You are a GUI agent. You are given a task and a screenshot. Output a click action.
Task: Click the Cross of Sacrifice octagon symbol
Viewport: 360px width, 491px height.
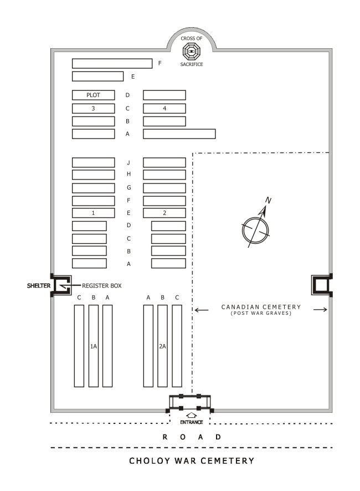[x=191, y=51]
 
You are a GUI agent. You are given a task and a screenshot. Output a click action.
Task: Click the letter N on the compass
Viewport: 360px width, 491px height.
[x=268, y=200]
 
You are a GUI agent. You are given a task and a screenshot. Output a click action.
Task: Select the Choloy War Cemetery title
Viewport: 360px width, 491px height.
[x=192, y=461]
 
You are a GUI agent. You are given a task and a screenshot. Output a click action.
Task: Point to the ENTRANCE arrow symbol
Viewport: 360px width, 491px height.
[x=191, y=415]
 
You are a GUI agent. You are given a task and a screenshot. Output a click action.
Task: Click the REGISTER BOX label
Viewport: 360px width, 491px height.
[x=101, y=285]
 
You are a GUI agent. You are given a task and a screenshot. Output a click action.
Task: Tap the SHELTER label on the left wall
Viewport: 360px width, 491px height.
[x=39, y=285]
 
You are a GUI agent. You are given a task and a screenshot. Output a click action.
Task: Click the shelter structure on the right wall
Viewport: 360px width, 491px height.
[x=322, y=285]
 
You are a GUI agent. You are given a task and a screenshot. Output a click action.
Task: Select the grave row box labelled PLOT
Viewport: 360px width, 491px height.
[x=93, y=95]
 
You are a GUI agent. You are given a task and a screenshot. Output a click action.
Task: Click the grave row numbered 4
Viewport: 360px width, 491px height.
[x=164, y=109]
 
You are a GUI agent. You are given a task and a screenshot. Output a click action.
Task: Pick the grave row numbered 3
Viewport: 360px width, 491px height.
[x=93, y=109]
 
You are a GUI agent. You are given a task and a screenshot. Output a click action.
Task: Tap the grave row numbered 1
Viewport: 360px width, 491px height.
[x=93, y=213]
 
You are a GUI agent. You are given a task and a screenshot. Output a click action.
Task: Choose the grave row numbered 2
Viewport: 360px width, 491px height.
[x=164, y=213]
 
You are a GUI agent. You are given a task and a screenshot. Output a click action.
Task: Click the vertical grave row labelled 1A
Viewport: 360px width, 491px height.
[x=94, y=346]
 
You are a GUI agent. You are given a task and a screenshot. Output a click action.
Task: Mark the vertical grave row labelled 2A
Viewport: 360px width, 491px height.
[x=162, y=346]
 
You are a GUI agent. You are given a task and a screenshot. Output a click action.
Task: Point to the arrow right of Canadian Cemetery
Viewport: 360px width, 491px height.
[x=320, y=310]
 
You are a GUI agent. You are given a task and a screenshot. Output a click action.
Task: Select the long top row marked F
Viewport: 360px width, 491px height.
[x=112, y=63]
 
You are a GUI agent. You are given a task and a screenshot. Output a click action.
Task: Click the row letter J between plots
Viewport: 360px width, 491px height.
[x=128, y=163]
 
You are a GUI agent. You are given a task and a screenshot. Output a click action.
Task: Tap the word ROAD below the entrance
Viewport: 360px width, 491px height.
[x=192, y=437]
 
